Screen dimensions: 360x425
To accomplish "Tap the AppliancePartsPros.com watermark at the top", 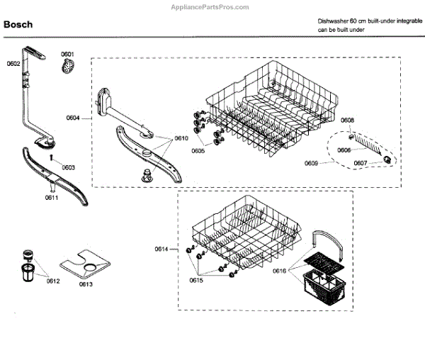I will pos(212,6).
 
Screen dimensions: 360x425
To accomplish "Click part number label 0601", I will pos(67,55).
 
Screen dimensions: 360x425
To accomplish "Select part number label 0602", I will pos(13,64).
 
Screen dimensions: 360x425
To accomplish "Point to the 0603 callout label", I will pos(69,167).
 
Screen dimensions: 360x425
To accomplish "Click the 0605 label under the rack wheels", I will pos(198,151).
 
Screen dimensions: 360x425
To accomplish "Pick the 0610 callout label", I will pos(181,139).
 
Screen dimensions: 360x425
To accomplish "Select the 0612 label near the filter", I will pos(54,281).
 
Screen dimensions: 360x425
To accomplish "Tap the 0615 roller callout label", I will pos(196,280).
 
